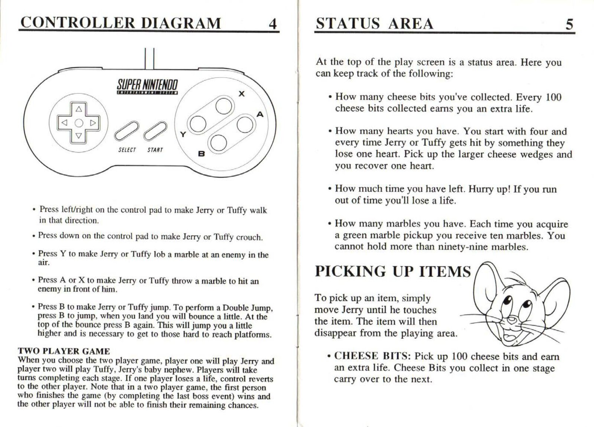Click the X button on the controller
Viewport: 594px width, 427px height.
pyautogui.click(x=223, y=106)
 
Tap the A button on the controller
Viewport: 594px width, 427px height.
pyautogui.click(x=244, y=124)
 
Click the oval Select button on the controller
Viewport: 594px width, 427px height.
pyautogui.click(x=126, y=131)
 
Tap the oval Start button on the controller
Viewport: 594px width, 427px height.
pyautogui.click(x=155, y=131)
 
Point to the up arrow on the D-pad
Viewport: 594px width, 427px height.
pyautogui.click(x=79, y=109)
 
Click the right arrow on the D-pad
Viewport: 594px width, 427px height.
pyautogui.click(x=93, y=122)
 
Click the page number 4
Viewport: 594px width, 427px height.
pyautogui.click(x=272, y=24)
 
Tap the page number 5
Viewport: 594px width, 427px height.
pyautogui.click(x=569, y=24)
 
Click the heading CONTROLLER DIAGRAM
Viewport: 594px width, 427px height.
pyautogui.click(x=121, y=23)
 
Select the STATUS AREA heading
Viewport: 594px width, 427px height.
pyautogui.click(x=374, y=24)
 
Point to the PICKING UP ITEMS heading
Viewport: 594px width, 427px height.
pyautogui.click(x=393, y=272)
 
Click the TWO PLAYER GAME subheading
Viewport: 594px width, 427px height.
pyautogui.click(x=64, y=351)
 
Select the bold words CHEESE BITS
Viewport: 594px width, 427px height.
pyautogui.click(x=372, y=356)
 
